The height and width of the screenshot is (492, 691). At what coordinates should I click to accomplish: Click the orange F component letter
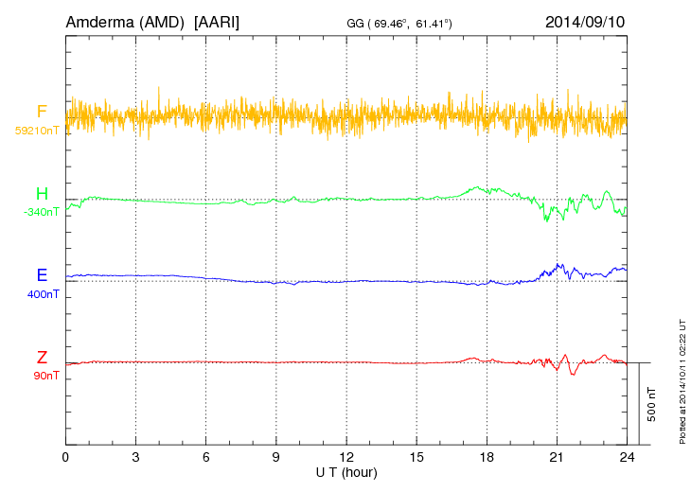point(42,113)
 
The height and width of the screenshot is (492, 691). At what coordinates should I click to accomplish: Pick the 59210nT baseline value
point(36,131)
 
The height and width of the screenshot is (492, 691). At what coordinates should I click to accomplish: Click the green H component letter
point(42,195)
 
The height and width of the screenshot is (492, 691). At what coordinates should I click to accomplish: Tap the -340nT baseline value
point(41,212)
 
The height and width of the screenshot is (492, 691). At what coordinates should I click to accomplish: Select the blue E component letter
point(42,276)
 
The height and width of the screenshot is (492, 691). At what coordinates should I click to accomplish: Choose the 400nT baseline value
point(43,294)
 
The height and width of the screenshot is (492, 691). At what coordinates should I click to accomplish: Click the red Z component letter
point(42,358)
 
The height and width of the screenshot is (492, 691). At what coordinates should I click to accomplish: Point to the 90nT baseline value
point(44,376)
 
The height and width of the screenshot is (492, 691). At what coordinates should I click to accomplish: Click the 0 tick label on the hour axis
point(65,457)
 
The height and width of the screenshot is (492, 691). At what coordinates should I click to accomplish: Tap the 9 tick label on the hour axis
point(276,457)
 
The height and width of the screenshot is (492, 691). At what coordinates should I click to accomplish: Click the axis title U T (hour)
point(346,471)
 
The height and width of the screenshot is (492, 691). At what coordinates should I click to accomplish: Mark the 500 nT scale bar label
point(651,404)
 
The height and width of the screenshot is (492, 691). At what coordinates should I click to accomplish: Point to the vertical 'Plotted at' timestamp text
point(682,378)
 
